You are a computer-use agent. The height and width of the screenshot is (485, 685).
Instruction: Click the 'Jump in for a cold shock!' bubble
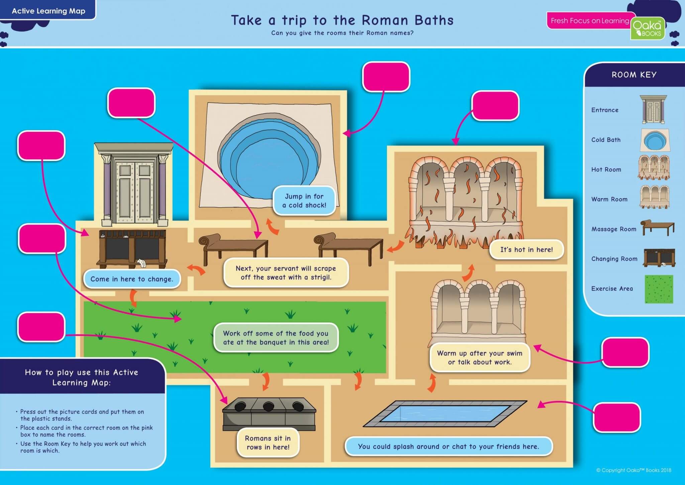tap(304, 201)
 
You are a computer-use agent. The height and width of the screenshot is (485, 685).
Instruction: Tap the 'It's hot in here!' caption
tap(526, 250)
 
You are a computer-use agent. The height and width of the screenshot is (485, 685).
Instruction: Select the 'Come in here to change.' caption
tap(132, 279)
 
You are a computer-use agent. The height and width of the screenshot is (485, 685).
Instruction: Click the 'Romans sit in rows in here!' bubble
tap(268, 442)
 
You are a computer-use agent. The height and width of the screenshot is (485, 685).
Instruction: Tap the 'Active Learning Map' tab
tap(48, 11)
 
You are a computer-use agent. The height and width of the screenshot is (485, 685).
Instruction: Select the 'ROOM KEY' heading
tap(634, 75)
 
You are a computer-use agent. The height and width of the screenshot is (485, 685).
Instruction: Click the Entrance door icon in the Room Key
tap(653, 109)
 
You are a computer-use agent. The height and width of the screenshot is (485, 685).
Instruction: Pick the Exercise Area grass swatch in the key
tap(659, 289)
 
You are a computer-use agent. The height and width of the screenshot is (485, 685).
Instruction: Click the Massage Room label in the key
tap(614, 229)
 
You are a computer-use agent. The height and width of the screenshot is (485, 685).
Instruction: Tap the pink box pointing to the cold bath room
tap(386, 77)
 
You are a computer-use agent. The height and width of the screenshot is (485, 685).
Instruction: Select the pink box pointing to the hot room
tap(495, 105)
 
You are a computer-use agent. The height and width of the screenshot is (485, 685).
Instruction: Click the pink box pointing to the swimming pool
tap(617, 417)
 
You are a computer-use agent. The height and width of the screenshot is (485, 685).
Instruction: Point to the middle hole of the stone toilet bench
tap(269, 407)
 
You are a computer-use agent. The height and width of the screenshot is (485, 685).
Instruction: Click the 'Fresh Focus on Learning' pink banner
tap(589, 21)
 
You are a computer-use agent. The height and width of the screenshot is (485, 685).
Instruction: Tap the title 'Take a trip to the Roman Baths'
tap(342, 20)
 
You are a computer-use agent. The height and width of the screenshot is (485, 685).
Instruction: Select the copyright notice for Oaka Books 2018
tap(633, 470)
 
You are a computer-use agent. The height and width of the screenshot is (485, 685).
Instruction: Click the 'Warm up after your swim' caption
tap(480, 357)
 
